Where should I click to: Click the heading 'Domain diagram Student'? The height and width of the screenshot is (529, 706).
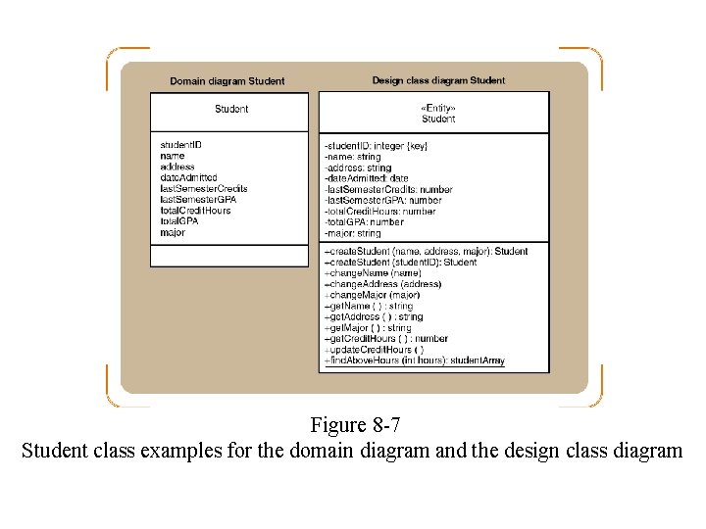click(227, 81)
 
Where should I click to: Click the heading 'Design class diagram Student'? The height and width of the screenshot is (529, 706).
click(438, 80)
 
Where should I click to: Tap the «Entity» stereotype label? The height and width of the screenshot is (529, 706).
click(438, 108)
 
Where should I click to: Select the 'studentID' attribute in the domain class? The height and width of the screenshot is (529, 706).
click(180, 145)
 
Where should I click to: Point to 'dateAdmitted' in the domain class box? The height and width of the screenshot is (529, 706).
click(188, 177)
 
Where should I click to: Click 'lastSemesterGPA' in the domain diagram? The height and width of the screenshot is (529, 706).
click(198, 200)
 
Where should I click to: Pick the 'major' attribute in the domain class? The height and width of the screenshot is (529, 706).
click(173, 233)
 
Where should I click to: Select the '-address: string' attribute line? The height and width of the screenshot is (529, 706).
click(357, 168)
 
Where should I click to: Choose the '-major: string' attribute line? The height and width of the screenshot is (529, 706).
click(352, 234)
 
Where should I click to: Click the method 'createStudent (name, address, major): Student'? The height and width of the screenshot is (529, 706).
click(426, 252)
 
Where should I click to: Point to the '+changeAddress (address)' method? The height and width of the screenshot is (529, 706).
click(382, 284)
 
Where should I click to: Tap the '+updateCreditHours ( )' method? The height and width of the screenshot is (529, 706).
click(374, 350)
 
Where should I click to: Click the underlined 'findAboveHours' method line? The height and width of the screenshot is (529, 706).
click(414, 361)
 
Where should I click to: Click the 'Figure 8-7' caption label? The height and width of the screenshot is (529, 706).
click(355, 426)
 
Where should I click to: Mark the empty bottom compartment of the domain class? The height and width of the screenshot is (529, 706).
click(228, 255)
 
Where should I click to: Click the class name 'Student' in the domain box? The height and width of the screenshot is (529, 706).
click(231, 109)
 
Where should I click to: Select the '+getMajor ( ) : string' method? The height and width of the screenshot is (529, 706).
click(368, 328)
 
